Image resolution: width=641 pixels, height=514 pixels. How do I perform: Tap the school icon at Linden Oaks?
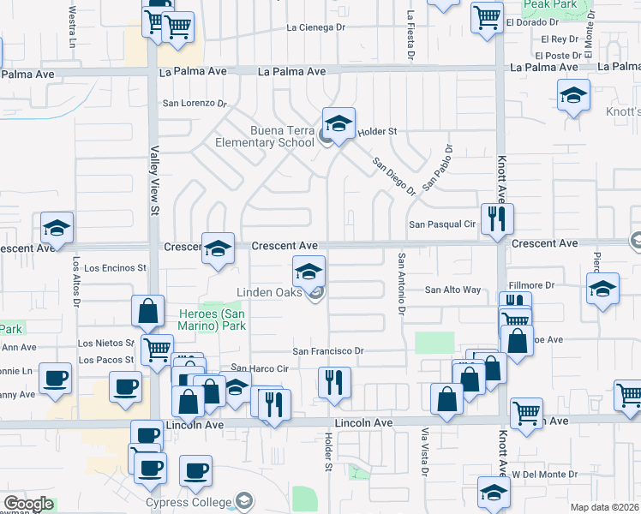[x=309, y=272]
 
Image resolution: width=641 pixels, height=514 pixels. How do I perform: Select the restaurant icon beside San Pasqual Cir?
[x=497, y=219]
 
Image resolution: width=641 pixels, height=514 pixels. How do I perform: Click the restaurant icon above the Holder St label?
[x=333, y=383]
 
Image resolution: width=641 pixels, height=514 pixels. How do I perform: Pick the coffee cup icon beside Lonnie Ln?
[x=57, y=379]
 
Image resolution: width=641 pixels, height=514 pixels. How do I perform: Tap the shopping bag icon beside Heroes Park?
[x=148, y=312]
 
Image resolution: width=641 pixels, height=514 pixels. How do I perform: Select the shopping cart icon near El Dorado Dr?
[x=487, y=16]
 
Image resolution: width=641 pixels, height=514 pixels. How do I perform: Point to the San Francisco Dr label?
[x=328, y=351]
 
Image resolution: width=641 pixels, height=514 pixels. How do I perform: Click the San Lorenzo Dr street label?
[x=195, y=104]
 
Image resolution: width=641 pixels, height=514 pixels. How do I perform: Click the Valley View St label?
[x=155, y=181]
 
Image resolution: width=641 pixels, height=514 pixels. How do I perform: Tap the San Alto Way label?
[x=453, y=290]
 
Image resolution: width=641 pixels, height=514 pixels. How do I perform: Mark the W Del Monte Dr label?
[x=544, y=474]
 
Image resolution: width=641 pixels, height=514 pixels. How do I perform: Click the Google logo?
[x=28, y=504]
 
